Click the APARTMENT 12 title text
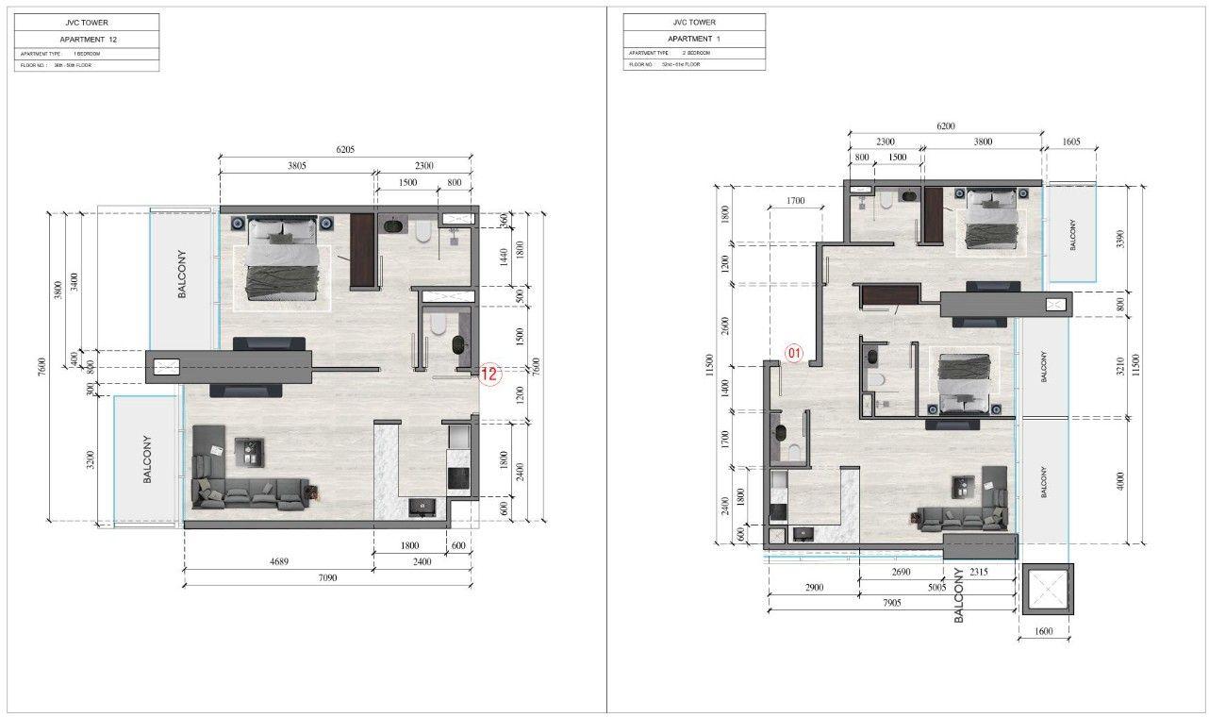click(88, 40)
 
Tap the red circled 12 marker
click(489, 375)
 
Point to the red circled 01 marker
click(794, 354)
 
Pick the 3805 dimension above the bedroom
click(296, 166)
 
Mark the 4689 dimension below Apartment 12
click(279, 562)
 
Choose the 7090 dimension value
click(327, 577)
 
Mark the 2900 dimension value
click(815, 588)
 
